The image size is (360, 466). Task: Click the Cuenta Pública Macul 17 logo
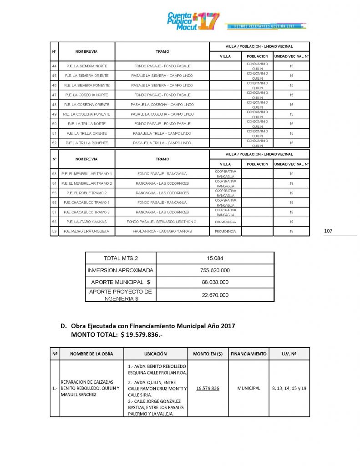(x=193, y=21)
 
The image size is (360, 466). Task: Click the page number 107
(x=328, y=231)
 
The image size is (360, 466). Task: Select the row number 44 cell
(x=54, y=66)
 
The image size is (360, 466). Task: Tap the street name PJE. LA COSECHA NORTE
(x=87, y=95)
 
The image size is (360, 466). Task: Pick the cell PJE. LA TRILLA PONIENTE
(x=87, y=143)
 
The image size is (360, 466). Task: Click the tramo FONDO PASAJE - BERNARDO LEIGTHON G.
(x=162, y=222)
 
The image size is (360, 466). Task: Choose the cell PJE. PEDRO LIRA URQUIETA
(x=87, y=231)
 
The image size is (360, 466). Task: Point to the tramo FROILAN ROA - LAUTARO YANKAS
(x=162, y=231)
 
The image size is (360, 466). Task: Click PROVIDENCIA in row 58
(x=225, y=222)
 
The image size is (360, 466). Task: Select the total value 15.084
(x=215, y=258)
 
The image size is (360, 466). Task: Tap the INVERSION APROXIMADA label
(x=121, y=270)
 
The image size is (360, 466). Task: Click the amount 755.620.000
(x=215, y=270)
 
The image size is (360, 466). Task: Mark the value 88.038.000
(x=215, y=282)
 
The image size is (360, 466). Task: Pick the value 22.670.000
(x=215, y=295)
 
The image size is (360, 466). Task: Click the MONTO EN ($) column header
(x=208, y=354)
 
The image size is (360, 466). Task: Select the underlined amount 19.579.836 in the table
(x=208, y=388)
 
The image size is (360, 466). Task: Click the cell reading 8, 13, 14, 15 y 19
(x=289, y=388)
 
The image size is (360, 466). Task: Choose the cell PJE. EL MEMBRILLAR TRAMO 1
(x=87, y=173)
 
